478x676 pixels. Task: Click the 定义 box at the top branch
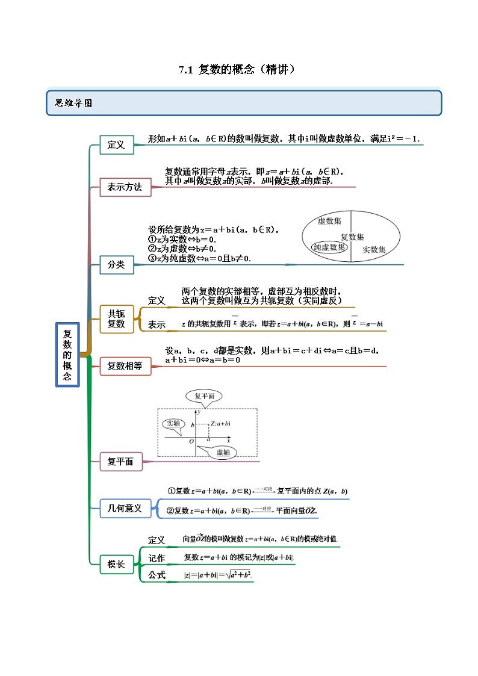(x=116, y=144)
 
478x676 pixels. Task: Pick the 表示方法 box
(x=125, y=187)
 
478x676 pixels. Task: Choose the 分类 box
(x=116, y=264)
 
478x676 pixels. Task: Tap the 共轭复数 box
(x=116, y=318)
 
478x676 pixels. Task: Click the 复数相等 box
(x=125, y=365)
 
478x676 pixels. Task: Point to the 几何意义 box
(x=125, y=509)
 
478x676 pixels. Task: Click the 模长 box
(x=116, y=564)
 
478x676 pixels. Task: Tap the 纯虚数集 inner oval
(x=329, y=247)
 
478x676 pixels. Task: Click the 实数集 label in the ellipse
(x=374, y=249)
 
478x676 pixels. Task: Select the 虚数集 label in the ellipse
(x=329, y=221)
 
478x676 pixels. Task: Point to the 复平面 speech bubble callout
(x=204, y=396)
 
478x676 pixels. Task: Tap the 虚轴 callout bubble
(x=222, y=453)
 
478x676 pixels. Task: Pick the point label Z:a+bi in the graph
(x=220, y=424)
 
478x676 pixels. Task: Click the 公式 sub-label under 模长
(x=157, y=575)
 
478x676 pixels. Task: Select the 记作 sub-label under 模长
(x=157, y=558)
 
